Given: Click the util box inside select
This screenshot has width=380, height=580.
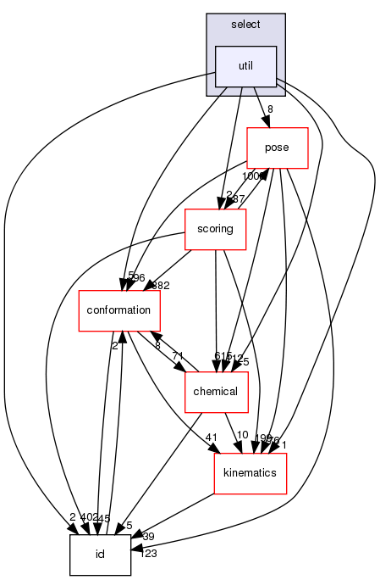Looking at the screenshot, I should (245, 66).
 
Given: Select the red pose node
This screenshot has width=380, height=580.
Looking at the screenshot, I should (277, 147).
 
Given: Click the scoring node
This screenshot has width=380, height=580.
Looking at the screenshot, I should (215, 228).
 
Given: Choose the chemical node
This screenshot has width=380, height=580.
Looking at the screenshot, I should (216, 391).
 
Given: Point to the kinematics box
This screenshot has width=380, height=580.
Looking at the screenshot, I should (251, 472).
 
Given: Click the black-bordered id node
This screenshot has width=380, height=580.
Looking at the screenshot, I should (99, 555).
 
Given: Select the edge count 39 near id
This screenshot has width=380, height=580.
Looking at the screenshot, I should (147, 537).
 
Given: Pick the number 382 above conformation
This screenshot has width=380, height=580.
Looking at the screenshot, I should (161, 285).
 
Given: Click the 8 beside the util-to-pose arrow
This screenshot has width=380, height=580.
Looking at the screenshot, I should (270, 109).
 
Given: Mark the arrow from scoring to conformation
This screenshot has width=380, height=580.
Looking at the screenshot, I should (161, 273).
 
